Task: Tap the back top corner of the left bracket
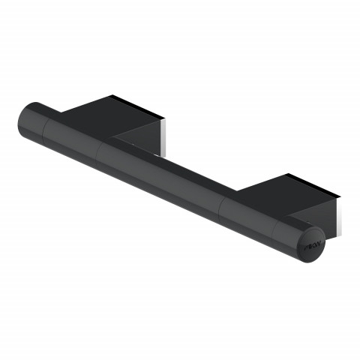coord(110,95)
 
